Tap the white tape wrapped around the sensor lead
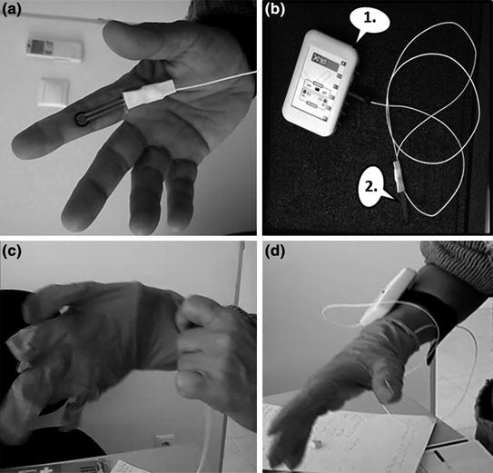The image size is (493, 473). (x=143, y=97)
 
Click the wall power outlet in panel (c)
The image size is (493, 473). (x=166, y=446)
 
